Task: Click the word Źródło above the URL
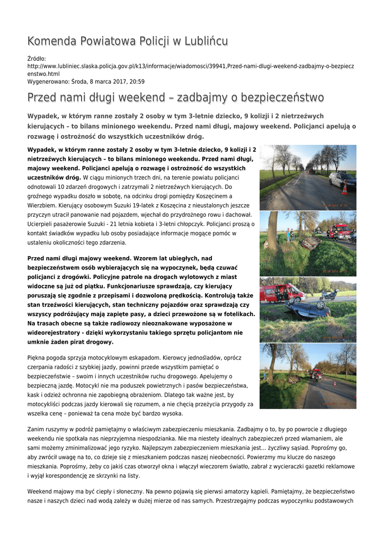tap(37, 58)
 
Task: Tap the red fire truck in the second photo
tap(339, 231)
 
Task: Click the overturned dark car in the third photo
tap(307, 309)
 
